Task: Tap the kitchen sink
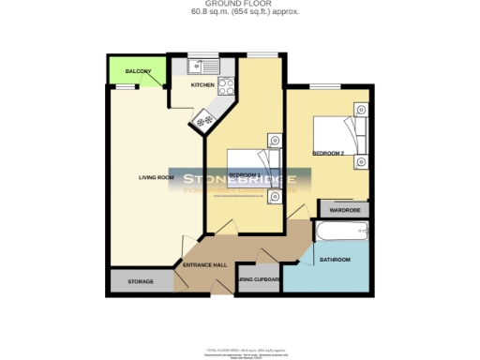tap(201, 66)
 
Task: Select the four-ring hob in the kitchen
tap(226, 86)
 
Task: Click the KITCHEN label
tap(202, 85)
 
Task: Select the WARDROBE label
tap(344, 210)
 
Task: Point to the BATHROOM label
tap(335, 259)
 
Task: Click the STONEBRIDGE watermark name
tap(240, 179)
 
